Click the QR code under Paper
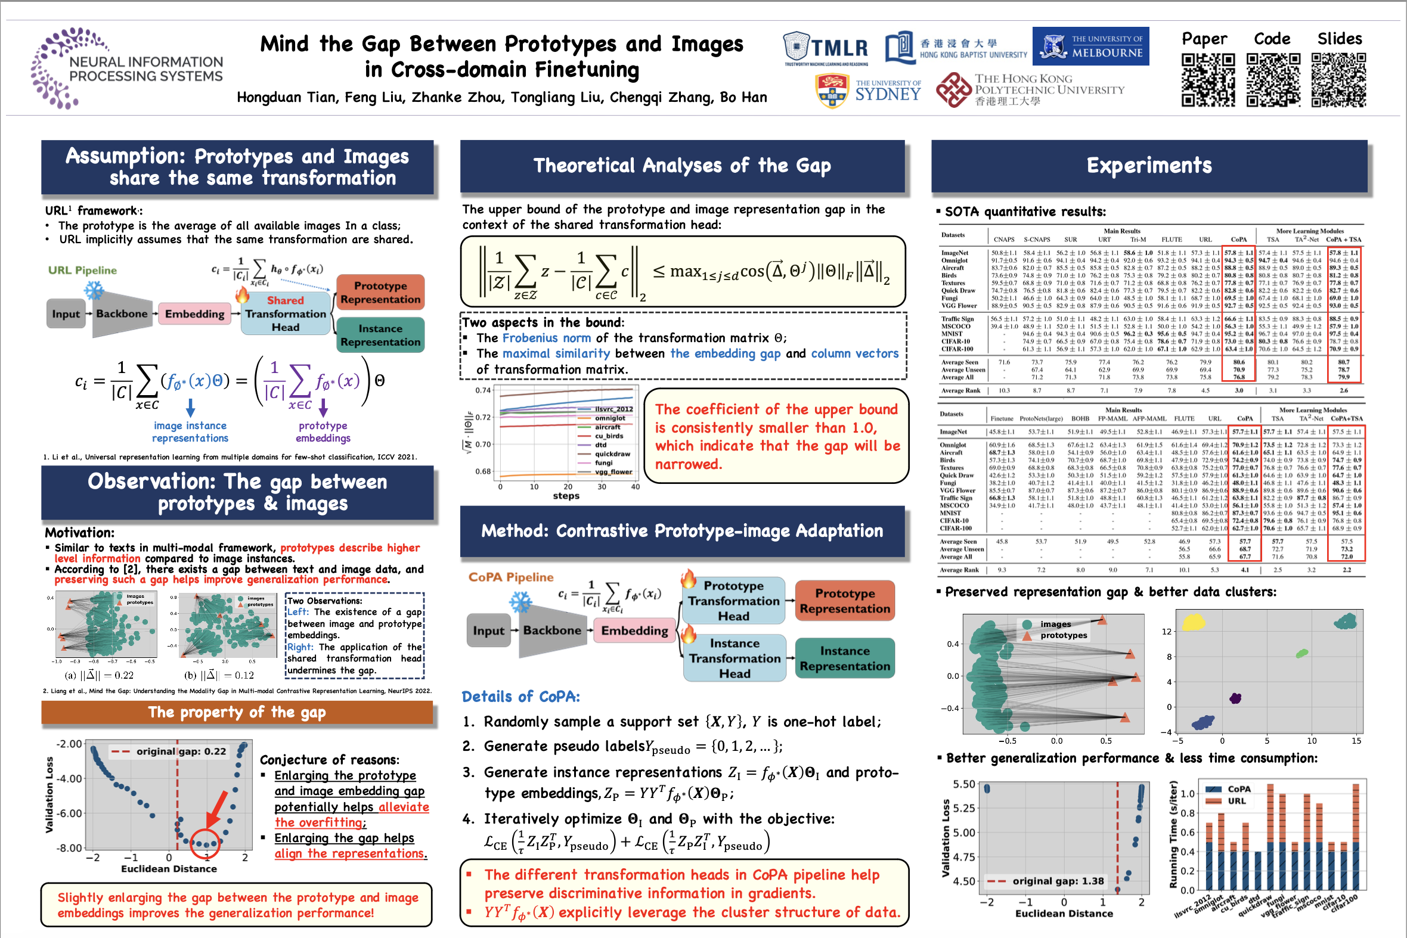pos(1208,80)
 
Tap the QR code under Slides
pos(1339,80)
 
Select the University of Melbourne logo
pos(1090,46)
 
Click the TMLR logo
pos(826,48)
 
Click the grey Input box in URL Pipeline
pos(65,313)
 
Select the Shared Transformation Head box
pos(286,313)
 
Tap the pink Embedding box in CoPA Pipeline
pos(634,630)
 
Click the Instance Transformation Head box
pos(735,658)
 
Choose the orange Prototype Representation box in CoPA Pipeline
pos(844,601)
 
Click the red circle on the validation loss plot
pos(205,843)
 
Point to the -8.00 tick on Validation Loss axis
pos(69,847)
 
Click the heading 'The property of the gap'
pos(237,712)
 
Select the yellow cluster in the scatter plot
pos(1193,622)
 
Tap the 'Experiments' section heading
pos(1148,166)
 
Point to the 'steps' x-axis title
pos(566,496)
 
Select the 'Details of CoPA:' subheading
pos(520,696)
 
